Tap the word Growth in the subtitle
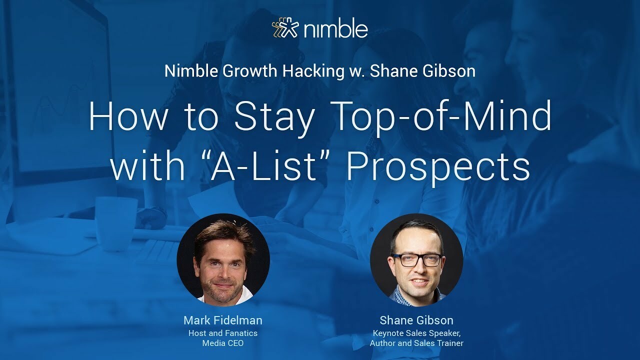pyautogui.click(x=250, y=71)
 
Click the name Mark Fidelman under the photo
pyautogui.click(x=223, y=320)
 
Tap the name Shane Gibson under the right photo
pyautogui.click(x=416, y=320)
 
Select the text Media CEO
pyautogui.click(x=223, y=343)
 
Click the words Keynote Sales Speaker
pyautogui.click(x=416, y=333)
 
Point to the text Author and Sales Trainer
pyautogui.click(x=416, y=343)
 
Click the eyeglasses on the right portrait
pyautogui.click(x=416, y=259)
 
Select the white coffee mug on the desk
pyautogui.click(x=116, y=219)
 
